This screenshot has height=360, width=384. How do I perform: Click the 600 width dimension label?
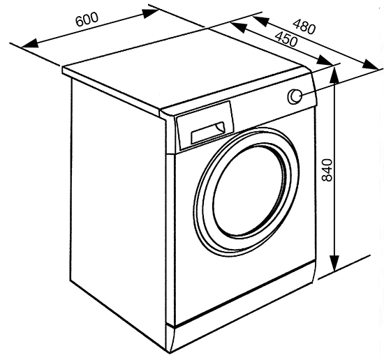(87, 19)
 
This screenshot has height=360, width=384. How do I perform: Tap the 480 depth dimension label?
(304, 27)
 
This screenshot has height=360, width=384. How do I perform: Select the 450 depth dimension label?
(286, 39)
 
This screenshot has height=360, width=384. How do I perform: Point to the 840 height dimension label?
(327, 170)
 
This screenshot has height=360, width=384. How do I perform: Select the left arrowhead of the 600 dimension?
(30, 44)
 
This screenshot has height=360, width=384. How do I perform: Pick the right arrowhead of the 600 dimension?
(151, 13)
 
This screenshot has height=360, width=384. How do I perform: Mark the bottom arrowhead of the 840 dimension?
(334, 263)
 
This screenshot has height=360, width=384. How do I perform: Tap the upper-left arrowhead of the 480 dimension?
(260, 22)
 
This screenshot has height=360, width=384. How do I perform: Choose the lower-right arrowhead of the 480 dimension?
(371, 65)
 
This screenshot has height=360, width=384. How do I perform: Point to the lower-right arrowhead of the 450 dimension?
(325, 61)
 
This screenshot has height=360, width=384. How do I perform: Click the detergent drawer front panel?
(205, 126)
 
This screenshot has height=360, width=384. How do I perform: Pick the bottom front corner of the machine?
(170, 353)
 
